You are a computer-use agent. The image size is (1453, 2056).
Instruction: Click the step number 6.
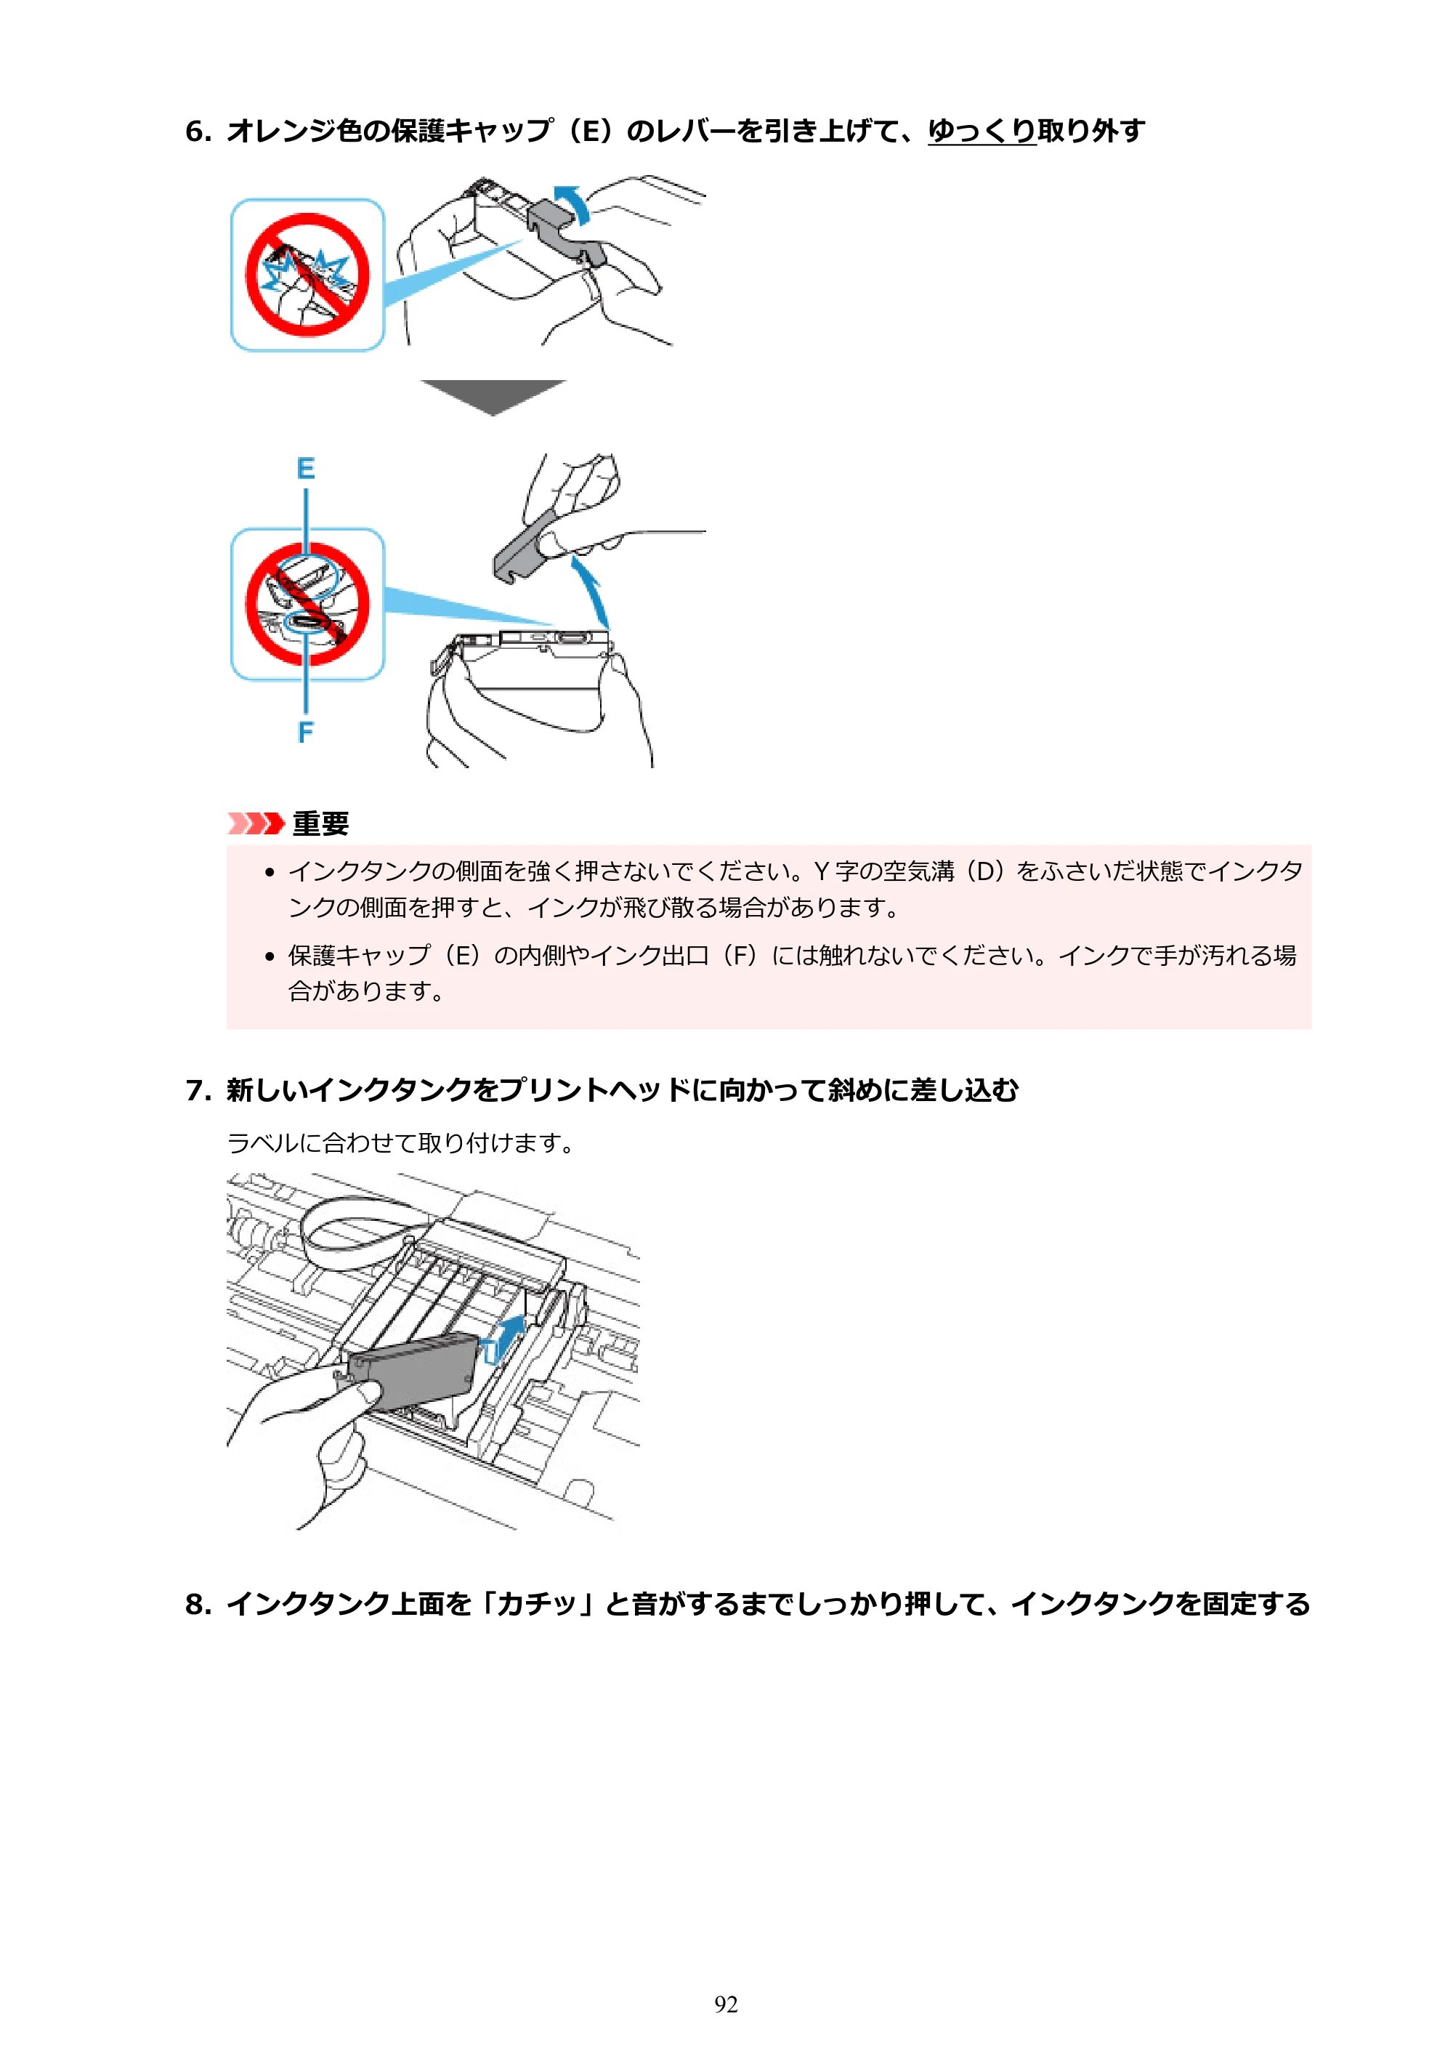tap(198, 132)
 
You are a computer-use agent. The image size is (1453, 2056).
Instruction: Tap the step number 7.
tap(198, 1091)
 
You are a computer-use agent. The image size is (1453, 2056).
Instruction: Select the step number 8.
tap(198, 1604)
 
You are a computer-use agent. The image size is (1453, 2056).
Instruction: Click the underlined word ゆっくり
tap(982, 132)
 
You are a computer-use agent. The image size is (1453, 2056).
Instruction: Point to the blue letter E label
tap(305, 468)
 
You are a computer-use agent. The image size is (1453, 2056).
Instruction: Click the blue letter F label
tap(305, 732)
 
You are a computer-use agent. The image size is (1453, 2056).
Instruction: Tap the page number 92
tap(726, 2004)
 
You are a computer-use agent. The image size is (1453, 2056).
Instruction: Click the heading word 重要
tap(320, 823)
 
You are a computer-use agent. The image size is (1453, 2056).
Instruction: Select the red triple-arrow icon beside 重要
tap(256, 823)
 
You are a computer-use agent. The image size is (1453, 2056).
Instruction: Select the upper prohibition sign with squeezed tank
tap(307, 275)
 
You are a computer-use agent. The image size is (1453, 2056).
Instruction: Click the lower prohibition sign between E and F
tap(307, 605)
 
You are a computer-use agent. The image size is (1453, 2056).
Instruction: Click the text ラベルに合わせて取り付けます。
tap(401, 1143)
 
